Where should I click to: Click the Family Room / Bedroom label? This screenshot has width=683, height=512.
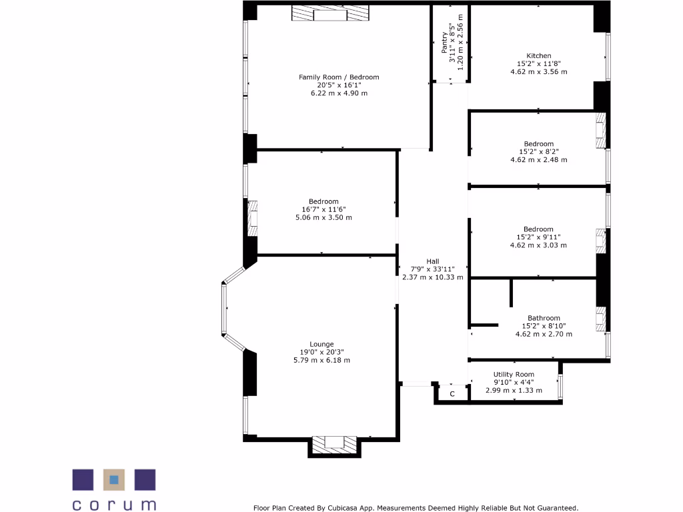(338, 77)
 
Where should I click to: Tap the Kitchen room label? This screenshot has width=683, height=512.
(538, 56)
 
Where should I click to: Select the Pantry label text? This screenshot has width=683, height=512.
(445, 43)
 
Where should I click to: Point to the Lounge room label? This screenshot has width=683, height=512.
(321, 344)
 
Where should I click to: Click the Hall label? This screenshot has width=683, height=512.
(433, 261)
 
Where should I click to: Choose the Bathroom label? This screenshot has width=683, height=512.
(544, 318)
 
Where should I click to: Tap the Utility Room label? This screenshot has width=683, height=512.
(514, 375)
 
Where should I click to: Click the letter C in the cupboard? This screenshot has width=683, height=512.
(452, 394)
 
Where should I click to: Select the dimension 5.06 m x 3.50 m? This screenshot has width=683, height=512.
(323, 217)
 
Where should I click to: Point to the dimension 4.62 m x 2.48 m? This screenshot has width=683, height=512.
(538, 160)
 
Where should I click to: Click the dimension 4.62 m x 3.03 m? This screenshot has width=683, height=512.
(538, 245)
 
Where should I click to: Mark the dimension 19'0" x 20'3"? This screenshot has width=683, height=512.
(321, 352)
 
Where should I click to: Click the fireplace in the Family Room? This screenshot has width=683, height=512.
(330, 14)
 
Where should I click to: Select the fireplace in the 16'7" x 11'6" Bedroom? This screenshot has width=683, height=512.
(253, 217)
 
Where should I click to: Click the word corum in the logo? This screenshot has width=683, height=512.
(114, 504)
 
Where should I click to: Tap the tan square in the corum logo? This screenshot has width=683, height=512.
(114, 479)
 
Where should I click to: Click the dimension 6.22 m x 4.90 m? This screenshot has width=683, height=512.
(338, 93)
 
